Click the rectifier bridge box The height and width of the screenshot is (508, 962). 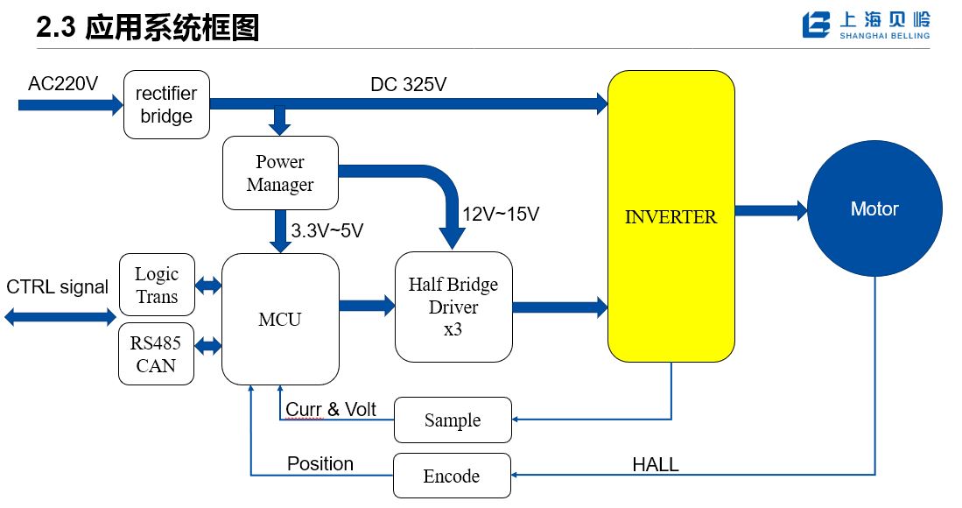(166, 105)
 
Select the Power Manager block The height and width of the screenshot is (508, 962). (280, 173)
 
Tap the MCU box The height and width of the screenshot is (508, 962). (280, 319)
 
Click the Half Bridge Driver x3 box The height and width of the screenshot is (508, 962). (453, 307)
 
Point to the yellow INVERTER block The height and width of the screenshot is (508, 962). (671, 216)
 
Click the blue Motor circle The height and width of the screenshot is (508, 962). (874, 209)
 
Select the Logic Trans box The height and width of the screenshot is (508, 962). (157, 286)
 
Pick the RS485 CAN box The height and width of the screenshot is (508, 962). (157, 354)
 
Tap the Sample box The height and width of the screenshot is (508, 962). (453, 420)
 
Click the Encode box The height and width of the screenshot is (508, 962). (452, 476)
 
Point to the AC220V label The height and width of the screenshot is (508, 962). (62, 84)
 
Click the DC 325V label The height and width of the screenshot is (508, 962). (410, 85)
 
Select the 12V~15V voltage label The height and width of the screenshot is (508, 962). (501, 213)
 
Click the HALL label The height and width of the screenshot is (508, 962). (656, 464)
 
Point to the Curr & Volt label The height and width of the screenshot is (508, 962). (331, 409)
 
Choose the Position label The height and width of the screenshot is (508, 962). (320, 463)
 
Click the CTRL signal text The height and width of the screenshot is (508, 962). (58, 286)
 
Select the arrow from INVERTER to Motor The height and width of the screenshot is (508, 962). (770, 210)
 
